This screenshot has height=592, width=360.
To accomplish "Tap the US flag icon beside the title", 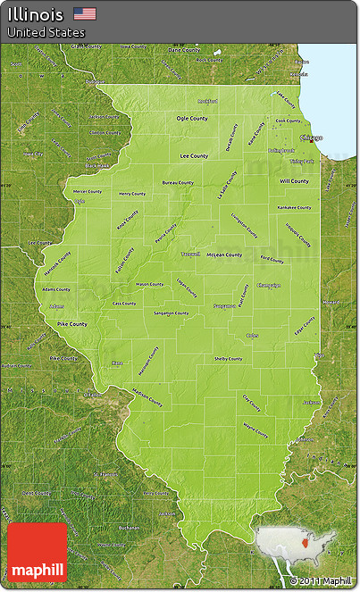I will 85,13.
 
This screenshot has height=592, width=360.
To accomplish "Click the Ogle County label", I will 192,118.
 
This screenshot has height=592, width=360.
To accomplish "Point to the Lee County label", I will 194,155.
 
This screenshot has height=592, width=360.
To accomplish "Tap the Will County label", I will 294,180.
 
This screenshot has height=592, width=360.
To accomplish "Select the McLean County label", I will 223,254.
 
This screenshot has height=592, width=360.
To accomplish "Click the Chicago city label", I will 311,138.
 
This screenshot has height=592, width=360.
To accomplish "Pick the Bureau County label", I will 178,182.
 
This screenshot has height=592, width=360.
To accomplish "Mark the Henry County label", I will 132,193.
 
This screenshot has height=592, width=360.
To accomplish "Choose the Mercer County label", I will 88,191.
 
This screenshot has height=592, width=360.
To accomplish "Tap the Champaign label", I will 268,286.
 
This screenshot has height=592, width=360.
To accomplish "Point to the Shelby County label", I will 228,358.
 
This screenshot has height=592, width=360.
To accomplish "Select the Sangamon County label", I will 170,313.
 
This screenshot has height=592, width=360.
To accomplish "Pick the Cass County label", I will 124,303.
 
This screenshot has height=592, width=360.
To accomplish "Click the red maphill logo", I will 37,554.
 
